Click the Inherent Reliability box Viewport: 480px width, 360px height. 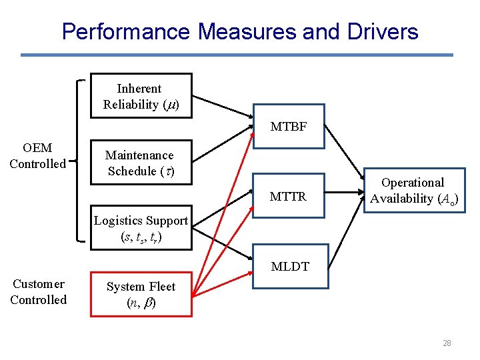pos(141,96)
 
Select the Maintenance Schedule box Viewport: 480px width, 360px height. pos(141,163)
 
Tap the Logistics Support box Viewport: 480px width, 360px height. pos(141,228)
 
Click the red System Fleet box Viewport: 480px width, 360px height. pos(141,294)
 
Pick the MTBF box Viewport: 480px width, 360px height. pos(289,126)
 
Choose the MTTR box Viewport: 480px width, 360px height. pos(289,197)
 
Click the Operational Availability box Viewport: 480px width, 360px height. pos(413,190)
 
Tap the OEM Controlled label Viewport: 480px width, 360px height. pos(37,155)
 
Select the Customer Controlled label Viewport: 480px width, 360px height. pos(38,292)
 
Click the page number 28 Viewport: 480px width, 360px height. pos(446,343)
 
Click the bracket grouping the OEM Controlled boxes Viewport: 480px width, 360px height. pos(80,160)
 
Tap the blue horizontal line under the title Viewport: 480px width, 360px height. pos(237,55)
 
